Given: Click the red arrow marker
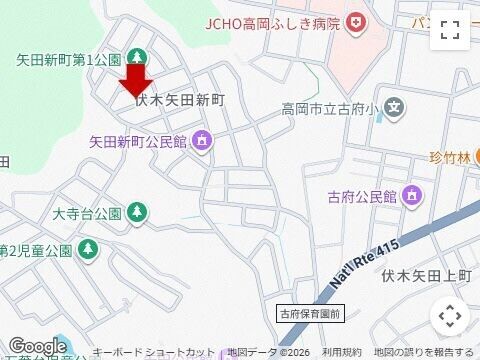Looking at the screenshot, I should pos(137,81).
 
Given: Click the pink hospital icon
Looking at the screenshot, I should pos(357,22).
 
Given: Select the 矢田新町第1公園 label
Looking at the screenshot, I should pos(68,59).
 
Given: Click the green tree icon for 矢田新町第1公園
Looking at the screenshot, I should pos(137,59).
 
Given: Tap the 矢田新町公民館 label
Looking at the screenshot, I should pos(139,141).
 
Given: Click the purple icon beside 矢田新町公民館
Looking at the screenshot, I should pos(203,141).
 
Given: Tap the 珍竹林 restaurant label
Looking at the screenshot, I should pos(448,157).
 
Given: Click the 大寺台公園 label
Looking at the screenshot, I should pos(86,212).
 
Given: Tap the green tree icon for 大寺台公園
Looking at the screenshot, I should pos(137,212).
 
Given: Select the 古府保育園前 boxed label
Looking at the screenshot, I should pos(310,314).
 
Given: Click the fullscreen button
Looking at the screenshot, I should pos(449,31).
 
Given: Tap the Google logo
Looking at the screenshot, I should pos(37,346).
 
